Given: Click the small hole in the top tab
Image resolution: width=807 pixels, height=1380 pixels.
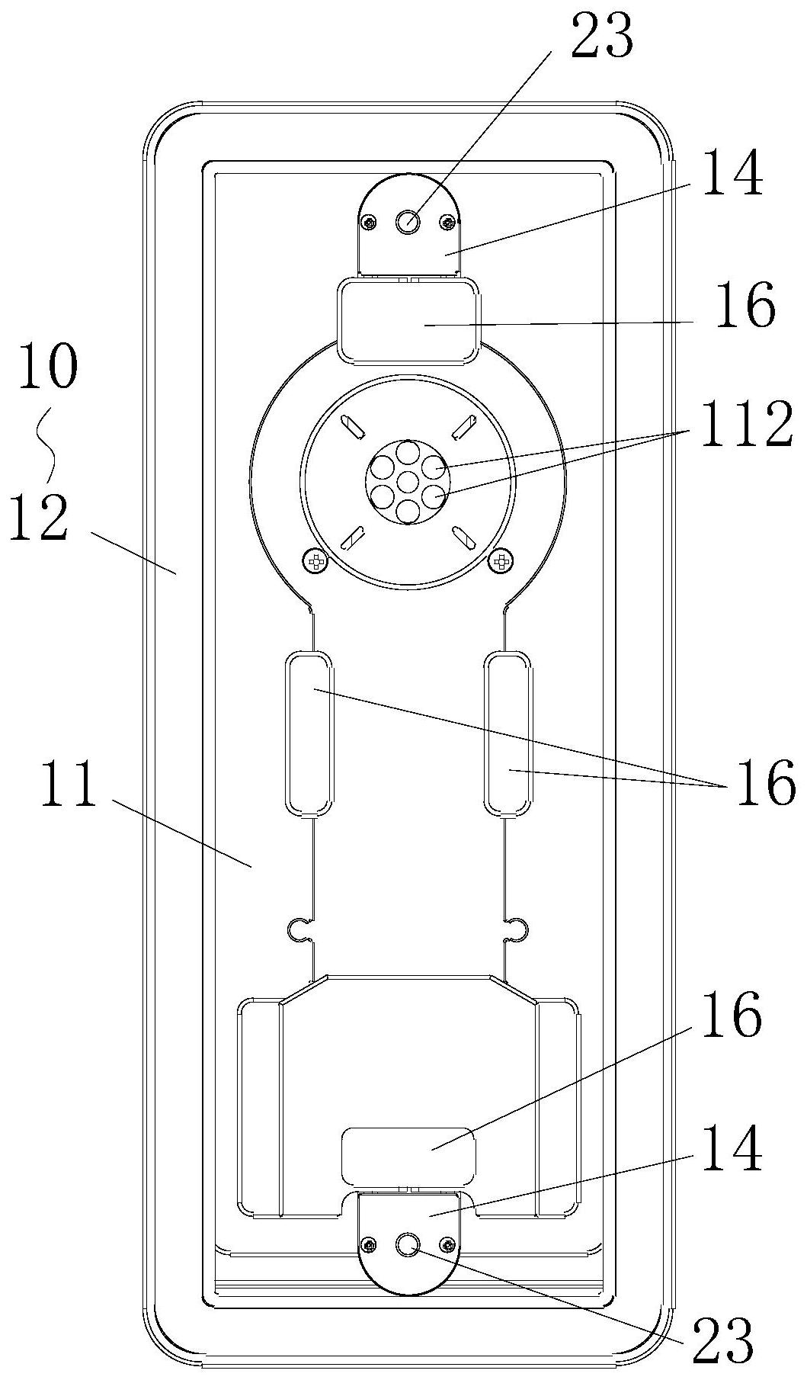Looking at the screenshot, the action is pyautogui.click(x=408, y=221).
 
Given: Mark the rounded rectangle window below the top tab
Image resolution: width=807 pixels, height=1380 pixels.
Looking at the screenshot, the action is pyautogui.click(x=408, y=319).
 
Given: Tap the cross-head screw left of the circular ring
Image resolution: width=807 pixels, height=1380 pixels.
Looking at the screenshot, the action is pyautogui.click(x=315, y=562).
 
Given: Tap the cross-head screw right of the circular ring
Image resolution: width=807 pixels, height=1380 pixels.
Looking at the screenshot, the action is pyautogui.click(x=502, y=562).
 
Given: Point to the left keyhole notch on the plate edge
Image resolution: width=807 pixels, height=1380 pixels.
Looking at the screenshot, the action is pyautogui.click(x=299, y=928).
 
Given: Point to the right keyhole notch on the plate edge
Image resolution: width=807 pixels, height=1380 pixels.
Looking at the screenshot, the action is pyautogui.click(x=518, y=928).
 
